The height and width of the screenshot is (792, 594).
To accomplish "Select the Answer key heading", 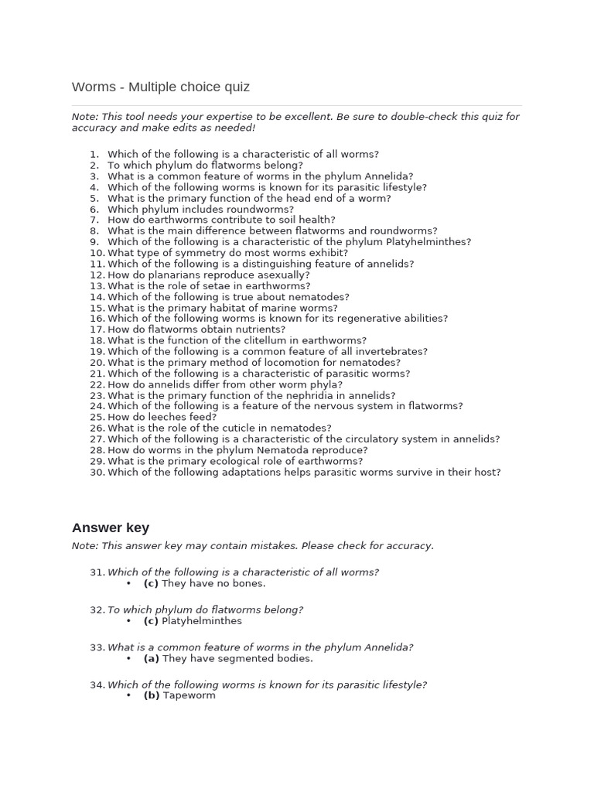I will pos(111,527).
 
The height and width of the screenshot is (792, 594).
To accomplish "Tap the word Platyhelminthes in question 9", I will pos(432,242).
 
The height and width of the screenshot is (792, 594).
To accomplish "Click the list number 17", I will pos(97,329).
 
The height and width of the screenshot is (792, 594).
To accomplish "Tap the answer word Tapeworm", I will pos(189,695).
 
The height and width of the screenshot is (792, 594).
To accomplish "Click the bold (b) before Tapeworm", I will pos(152,695).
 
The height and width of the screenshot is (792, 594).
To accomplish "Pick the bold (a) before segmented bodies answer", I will pos(152,659).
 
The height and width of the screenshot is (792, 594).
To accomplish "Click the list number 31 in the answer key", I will pos(97,572).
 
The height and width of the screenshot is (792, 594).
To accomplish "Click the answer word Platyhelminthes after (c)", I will pos(202,621).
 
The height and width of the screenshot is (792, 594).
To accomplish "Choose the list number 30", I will pos(97,472).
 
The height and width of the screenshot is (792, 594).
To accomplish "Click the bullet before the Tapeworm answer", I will pos(129,695).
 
